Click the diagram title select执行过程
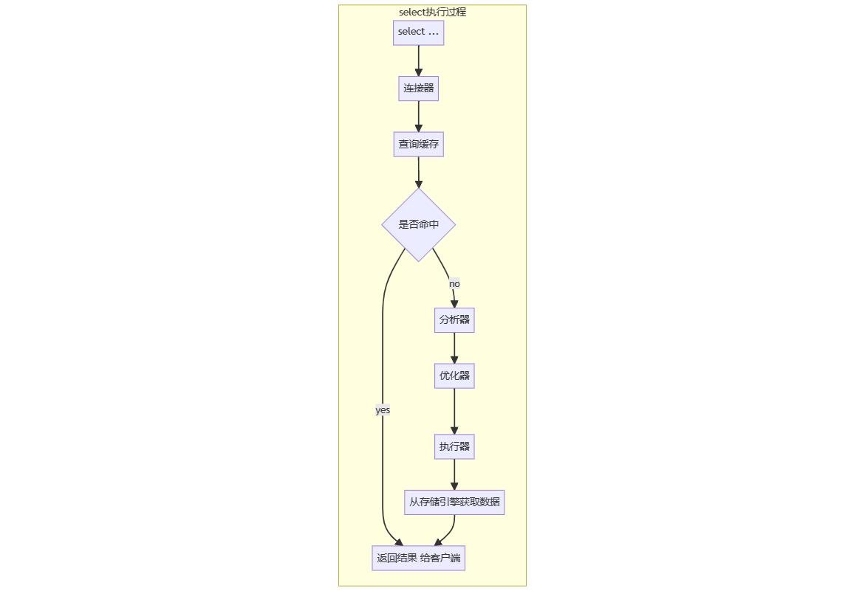(x=432, y=12)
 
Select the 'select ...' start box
(x=418, y=32)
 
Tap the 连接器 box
(x=418, y=89)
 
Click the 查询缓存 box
(x=418, y=145)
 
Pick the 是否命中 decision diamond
(x=418, y=224)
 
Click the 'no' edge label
(x=454, y=284)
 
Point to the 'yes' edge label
(x=383, y=410)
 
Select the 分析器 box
(x=454, y=320)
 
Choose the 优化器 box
(x=454, y=376)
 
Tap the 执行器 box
(x=454, y=446)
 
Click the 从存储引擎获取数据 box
(x=454, y=502)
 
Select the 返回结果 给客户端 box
(x=418, y=558)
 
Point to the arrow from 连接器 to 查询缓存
(x=418, y=117)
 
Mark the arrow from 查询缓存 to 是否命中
(x=418, y=173)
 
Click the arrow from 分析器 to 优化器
(x=454, y=348)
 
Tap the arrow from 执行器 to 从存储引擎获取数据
(x=454, y=474)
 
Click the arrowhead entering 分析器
(x=454, y=303)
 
